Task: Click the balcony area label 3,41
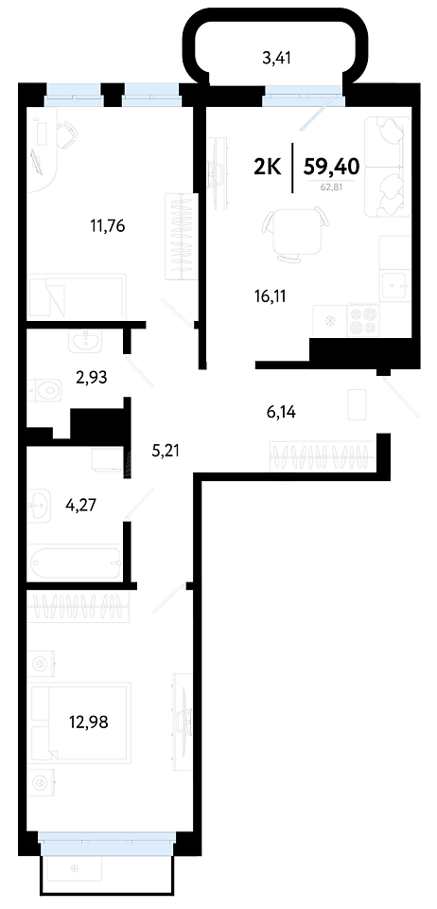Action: [276, 58]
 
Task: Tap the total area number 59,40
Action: [332, 168]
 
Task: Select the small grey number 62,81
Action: [332, 187]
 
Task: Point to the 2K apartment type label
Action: [268, 168]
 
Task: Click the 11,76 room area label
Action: [108, 225]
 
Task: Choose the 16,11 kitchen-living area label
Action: [271, 296]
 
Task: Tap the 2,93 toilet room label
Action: [92, 378]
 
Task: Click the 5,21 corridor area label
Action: [165, 450]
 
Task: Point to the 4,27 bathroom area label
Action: [80, 506]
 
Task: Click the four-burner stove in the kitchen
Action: [362, 321]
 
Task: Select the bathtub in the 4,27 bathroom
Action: [76, 561]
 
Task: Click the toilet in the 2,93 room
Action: [44, 389]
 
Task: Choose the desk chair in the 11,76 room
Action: [68, 134]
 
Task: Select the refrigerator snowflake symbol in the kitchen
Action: [331, 321]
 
